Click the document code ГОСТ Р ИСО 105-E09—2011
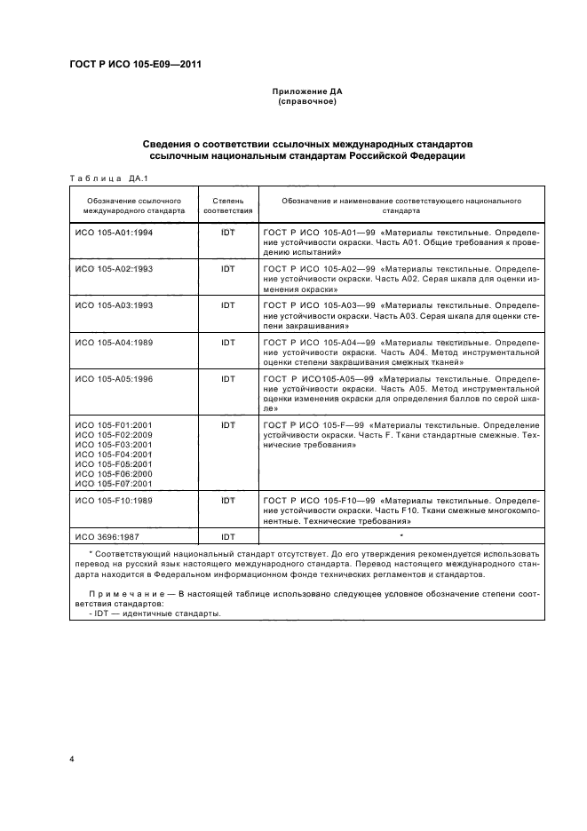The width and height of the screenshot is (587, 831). click(136, 64)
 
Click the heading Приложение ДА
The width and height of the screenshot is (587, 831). click(305, 92)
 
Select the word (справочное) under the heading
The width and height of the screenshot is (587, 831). click(305, 102)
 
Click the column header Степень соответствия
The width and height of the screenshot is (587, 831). click(228, 207)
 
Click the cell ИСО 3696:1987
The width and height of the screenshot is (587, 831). click(106, 537)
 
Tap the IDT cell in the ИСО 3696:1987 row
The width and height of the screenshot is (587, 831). click(228, 537)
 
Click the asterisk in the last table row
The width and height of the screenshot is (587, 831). click(401, 536)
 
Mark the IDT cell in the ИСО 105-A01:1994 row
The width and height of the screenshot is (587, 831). click(228, 231)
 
